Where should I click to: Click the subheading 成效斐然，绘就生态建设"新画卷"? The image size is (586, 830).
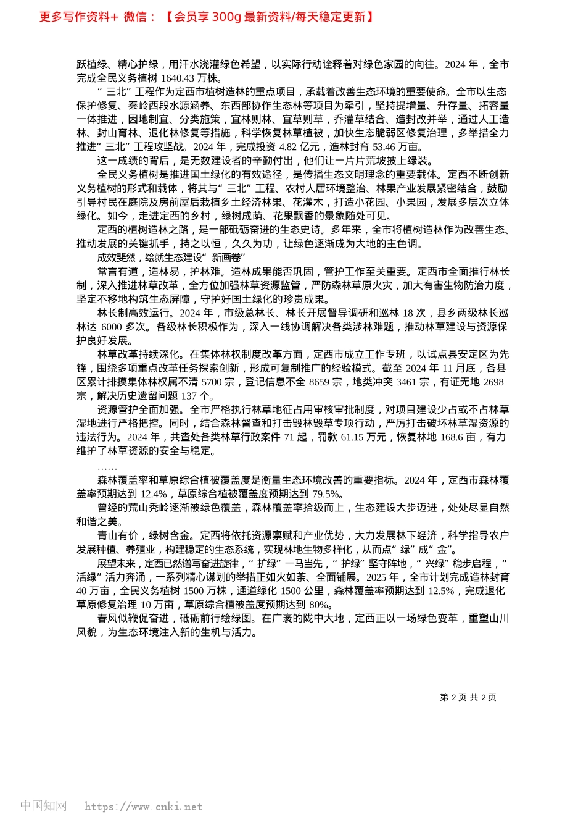(171, 258)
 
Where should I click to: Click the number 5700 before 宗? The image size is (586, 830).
(212, 382)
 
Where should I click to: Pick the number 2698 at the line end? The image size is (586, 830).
(493, 382)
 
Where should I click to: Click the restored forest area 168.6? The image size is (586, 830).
(452, 437)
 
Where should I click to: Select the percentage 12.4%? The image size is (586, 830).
(154, 494)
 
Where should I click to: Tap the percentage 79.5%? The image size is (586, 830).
(327, 494)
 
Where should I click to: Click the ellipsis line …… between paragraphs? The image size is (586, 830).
(107, 467)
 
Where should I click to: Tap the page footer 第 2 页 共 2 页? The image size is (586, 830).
(468, 697)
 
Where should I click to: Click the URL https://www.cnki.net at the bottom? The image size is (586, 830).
(143, 807)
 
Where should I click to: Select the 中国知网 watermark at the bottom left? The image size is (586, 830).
(44, 806)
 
